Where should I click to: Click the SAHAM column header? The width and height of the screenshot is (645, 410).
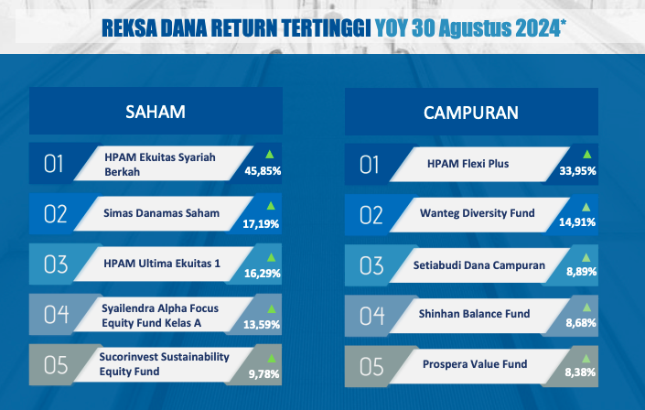pyautogui.click(x=156, y=112)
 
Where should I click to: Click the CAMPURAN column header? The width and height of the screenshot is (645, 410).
pyautogui.click(x=471, y=113)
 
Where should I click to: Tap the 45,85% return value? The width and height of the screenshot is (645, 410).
pyautogui.click(x=263, y=171)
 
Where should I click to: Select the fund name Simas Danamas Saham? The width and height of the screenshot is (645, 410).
pyautogui.click(x=161, y=213)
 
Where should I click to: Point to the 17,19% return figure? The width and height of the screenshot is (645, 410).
pyautogui.click(x=261, y=224)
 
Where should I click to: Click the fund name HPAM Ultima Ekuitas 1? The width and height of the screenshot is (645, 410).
pyautogui.click(x=162, y=264)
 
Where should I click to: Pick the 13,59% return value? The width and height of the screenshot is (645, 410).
pyautogui.click(x=262, y=325)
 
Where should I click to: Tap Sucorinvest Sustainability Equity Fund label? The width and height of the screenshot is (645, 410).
pyautogui.click(x=164, y=364)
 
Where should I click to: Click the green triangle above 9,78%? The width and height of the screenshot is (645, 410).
pyautogui.click(x=272, y=359)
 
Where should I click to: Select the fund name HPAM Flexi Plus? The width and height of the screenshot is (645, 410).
pyautogui.click(x=468, y=164)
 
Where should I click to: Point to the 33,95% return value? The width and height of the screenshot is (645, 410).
pyautogui.click(x=577, y=171)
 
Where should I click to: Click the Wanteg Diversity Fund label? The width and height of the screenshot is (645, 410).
pyautogui.click(x=478, y=213)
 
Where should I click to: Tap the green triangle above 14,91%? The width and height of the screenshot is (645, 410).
pyautogui.click(x=586, y=207)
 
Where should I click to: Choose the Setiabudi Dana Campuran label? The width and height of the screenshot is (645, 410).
pyautogui.click(x=479, y=265)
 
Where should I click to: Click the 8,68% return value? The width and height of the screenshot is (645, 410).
pyautogui.click(x=581, y=323)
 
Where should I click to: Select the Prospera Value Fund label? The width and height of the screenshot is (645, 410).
pyautogui.click(x=475, y=364)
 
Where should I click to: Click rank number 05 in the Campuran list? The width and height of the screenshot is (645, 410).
pyautogui.click(x=371, y=367)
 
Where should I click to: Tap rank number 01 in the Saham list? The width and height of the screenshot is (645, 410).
pyautogui.click(x=53, y=164)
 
